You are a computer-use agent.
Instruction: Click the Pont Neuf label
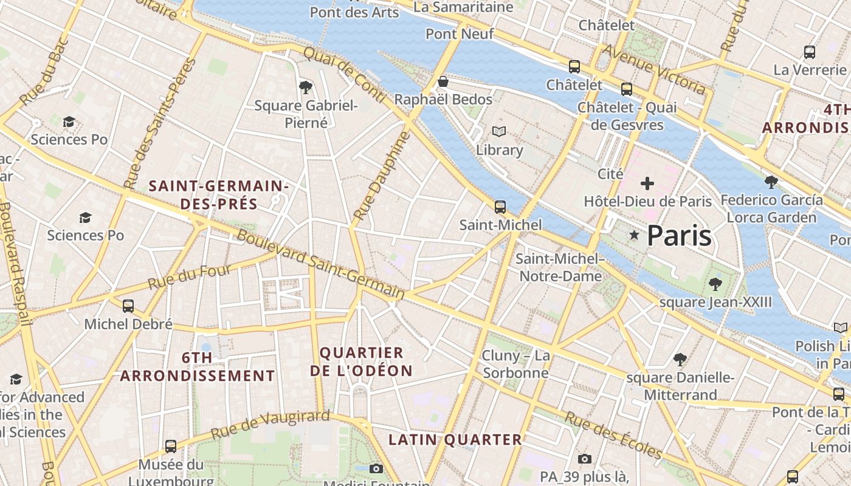point(460,34)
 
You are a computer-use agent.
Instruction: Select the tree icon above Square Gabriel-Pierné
point(306,87)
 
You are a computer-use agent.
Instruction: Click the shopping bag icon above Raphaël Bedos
point(443,81)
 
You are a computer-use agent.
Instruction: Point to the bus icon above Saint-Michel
point(500,207)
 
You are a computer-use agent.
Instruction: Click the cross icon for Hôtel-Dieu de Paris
point(647,183)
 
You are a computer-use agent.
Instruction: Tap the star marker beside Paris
point(634,235)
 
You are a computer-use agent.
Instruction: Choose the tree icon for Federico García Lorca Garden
point(771,182)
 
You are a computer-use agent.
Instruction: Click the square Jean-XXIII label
point(715,302)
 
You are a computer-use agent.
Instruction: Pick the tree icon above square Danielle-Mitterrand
point(680,360)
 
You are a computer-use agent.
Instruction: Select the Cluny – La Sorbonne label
point(515,364)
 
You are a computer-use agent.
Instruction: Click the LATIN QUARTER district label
point(455,439)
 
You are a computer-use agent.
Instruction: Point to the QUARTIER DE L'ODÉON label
point(361,361)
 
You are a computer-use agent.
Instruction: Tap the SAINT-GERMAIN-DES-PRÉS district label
point(219,194)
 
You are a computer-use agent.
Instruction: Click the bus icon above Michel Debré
point(128,306)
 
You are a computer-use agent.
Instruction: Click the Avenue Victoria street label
point(653,70)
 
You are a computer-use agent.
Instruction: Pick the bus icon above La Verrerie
point(809,52)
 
